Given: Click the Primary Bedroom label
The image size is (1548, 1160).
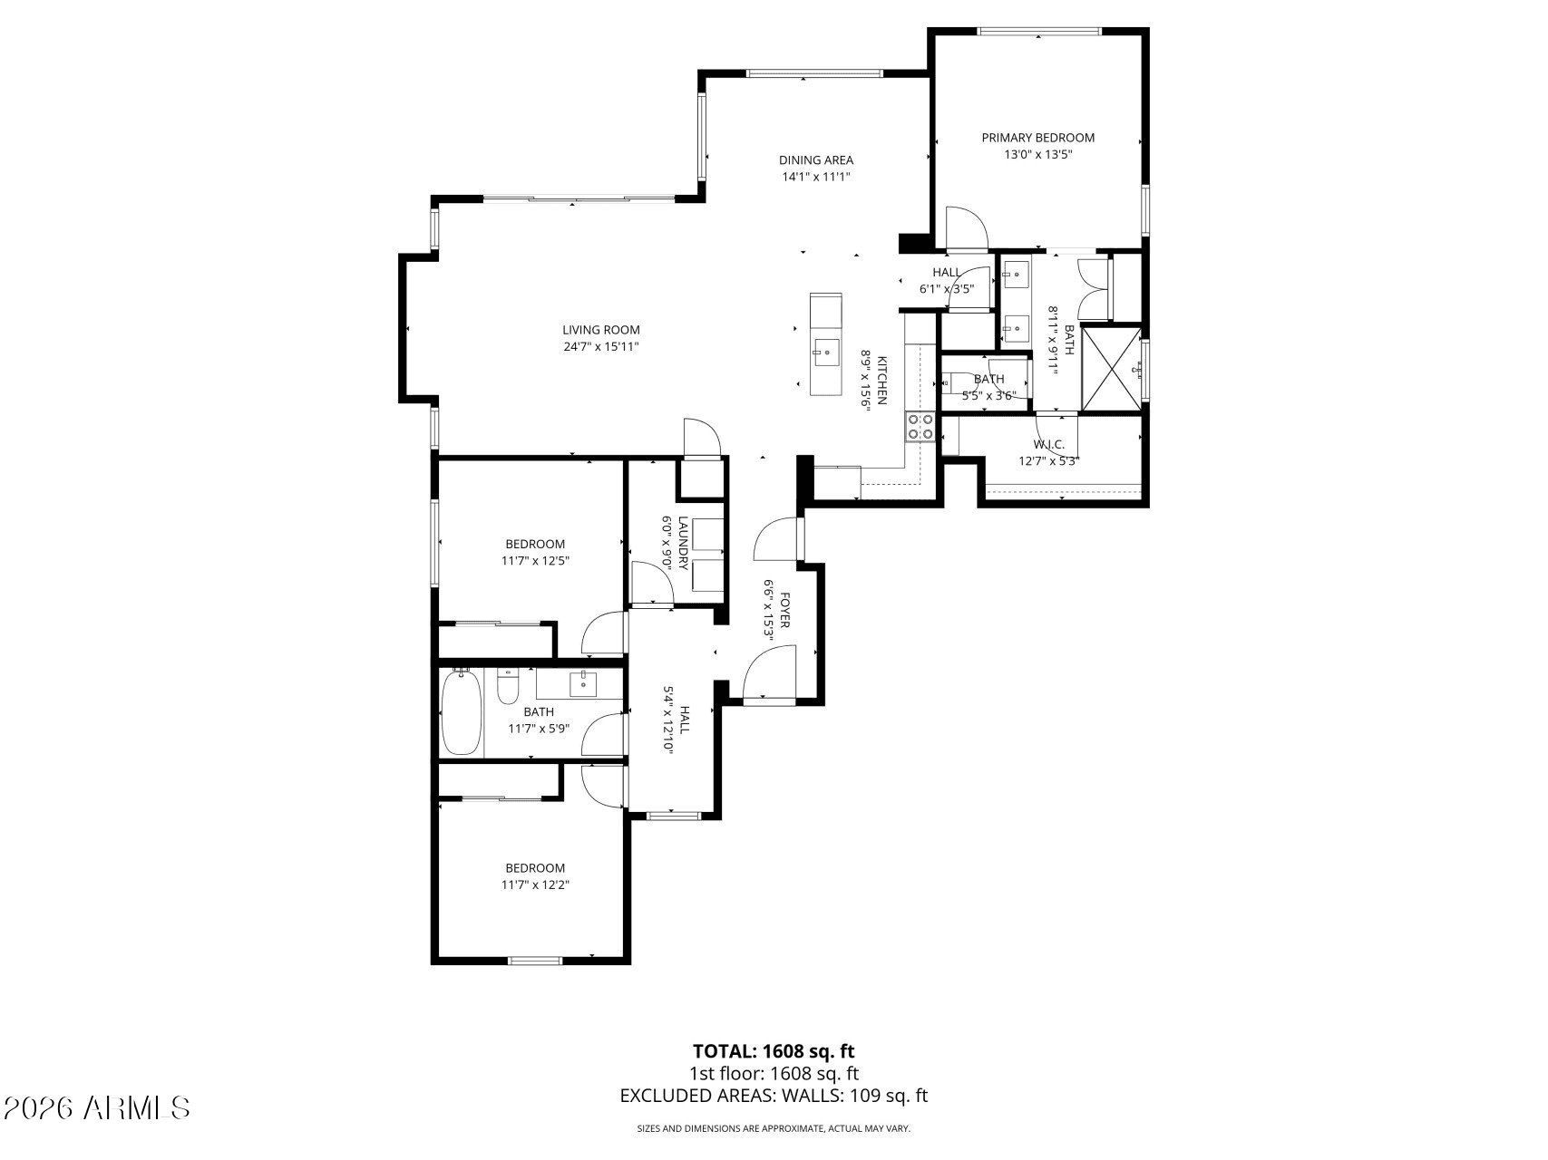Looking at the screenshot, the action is click(1037, 138).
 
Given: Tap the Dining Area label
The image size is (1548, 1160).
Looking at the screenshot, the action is click(815, 160).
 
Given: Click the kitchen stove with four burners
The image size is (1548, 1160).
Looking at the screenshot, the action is click(920, 427).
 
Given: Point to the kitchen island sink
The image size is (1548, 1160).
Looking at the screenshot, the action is click(825, 349).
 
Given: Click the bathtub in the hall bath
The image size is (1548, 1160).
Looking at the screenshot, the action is click(462, 711).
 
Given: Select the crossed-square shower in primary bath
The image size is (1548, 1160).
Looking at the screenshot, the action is click(1112, 367).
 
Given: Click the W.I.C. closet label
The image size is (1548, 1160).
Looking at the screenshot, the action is click(1048, 445).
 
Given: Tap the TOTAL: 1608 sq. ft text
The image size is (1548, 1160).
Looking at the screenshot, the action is click(774, 1051).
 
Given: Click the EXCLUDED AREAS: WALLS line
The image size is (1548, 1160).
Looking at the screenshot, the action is click(774, 1096).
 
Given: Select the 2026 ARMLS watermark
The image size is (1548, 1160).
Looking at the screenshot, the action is click(97, 1107).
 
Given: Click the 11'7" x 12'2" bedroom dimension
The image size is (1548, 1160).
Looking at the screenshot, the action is click(535, 884).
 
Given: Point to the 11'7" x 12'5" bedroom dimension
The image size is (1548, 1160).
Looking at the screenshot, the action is click(535, 560).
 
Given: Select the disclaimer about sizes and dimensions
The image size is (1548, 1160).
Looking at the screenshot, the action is click(774, 1128).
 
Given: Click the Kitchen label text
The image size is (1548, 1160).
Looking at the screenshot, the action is click(881, 382).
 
